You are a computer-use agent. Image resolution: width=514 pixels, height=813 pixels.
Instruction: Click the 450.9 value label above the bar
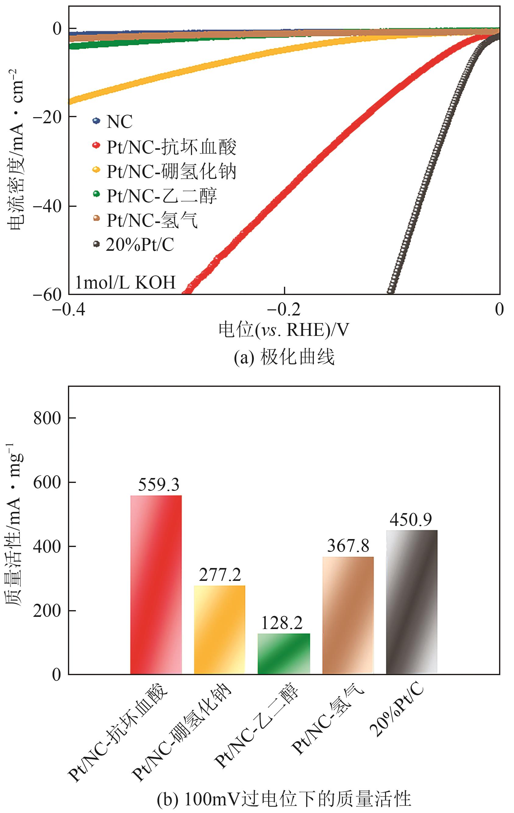410,520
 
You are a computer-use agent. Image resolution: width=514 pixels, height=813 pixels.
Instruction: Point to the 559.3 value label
158,485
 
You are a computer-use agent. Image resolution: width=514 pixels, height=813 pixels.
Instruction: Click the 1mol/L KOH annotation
125,282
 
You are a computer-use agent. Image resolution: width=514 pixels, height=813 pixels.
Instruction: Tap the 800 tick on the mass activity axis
47,418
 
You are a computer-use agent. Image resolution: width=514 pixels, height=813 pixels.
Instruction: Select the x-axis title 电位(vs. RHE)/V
284,329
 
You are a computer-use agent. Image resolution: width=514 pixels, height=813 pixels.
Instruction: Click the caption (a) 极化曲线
284,357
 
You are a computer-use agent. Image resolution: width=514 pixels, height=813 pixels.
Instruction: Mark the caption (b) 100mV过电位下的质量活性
284,799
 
